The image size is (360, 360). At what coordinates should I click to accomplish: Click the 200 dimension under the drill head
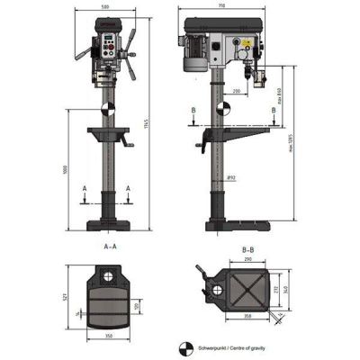tap(235, 92)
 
